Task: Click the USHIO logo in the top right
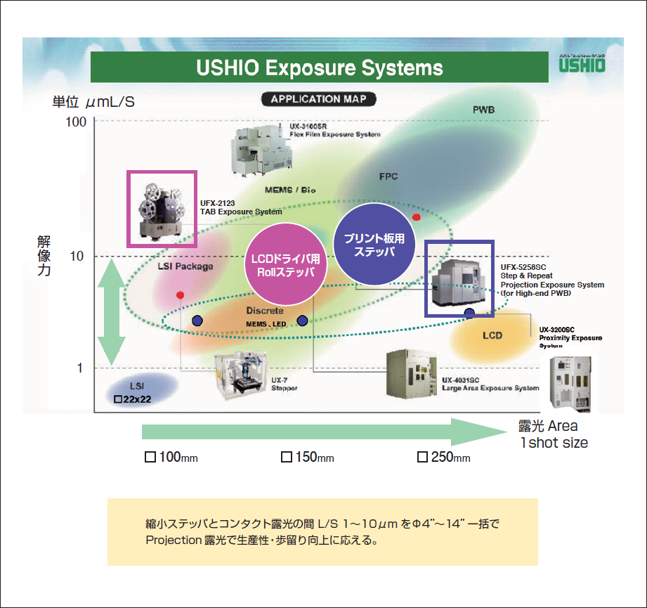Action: click(581, 65)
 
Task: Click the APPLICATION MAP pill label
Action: click(318, 99)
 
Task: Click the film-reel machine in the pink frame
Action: click(162, 209)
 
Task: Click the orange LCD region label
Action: click(492, 335)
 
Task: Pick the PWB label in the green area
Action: click(484, 110)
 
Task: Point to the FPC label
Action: click(388, 176)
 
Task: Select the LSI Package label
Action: click(185, 266)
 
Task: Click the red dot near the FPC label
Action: click(417, 217)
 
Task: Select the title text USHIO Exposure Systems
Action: click(320, 68)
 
